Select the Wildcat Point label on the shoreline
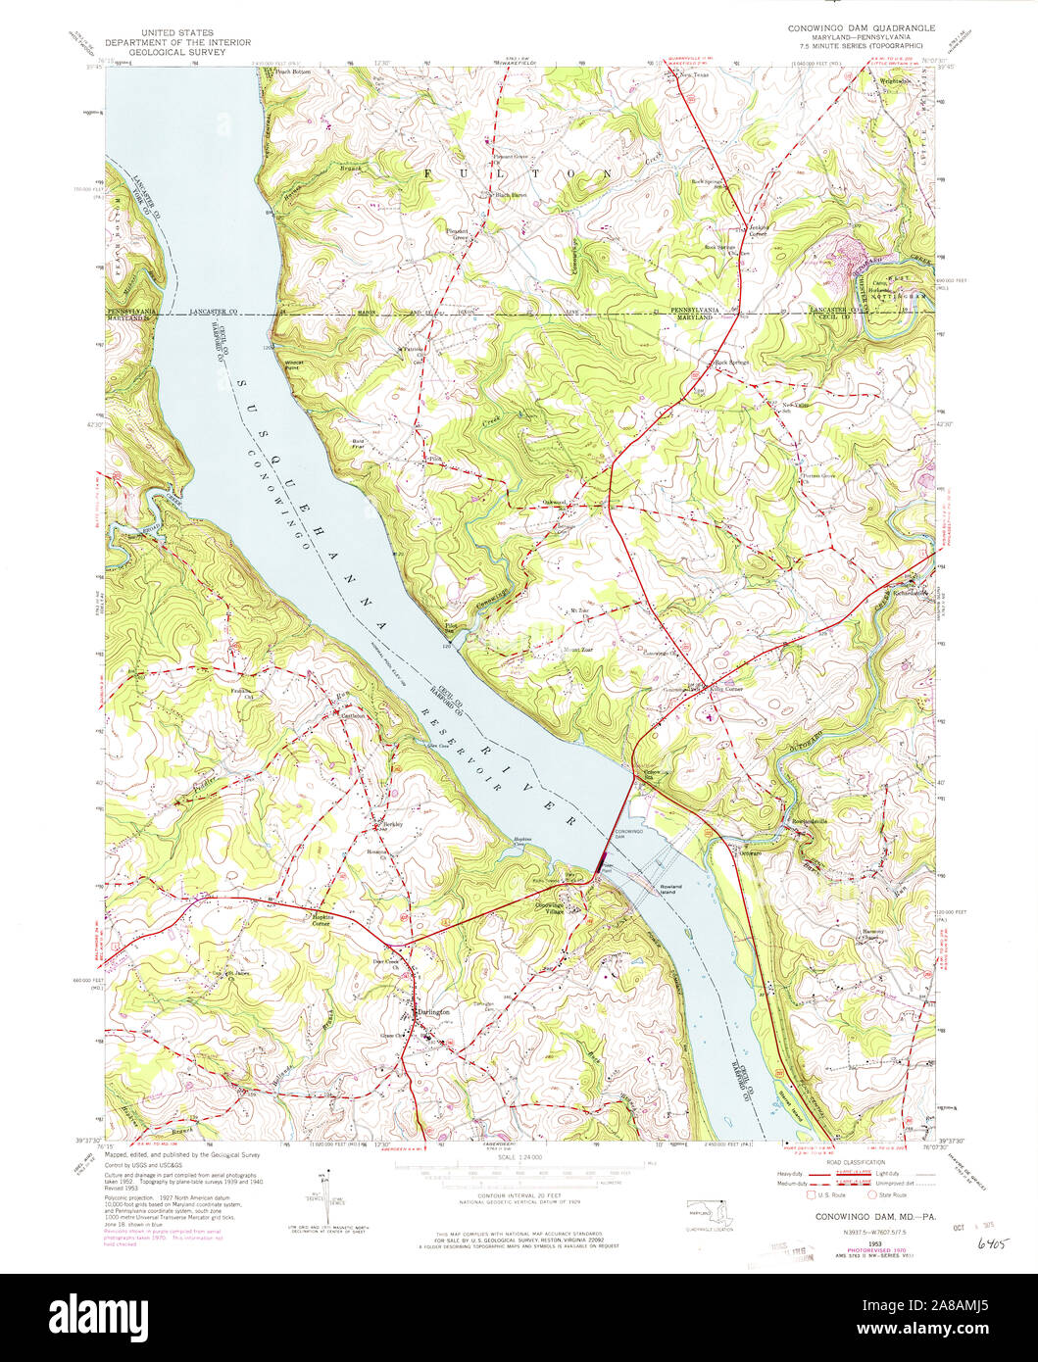(x=283, y=359)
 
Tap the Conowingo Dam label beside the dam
(x=627, y=835)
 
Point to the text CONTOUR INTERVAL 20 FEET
(x=519, y=1197)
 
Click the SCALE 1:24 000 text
(x=519, y=1158)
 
